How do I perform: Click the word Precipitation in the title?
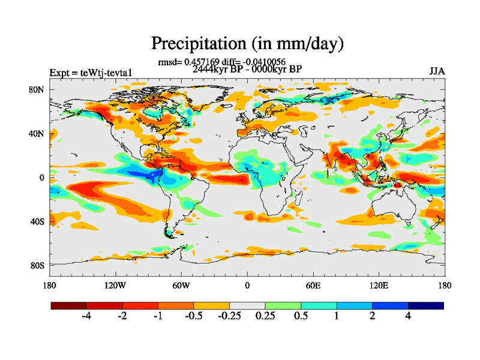pos(194,44)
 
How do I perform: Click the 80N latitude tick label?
pos(38,89)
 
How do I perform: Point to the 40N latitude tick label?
pos(38,134)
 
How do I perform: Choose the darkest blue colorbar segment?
pos(426,305)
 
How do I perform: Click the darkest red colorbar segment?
pos(68,305)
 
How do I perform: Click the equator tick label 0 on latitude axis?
pos(42,178)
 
